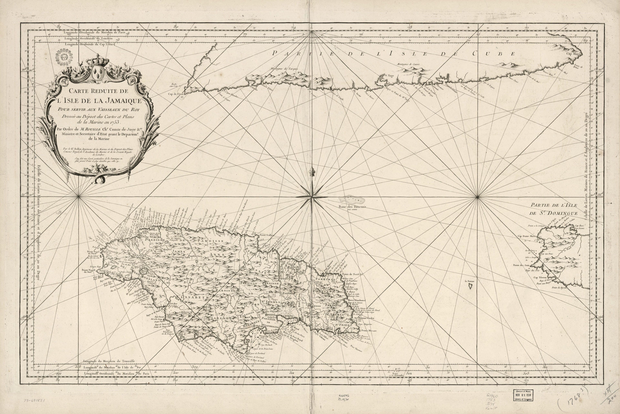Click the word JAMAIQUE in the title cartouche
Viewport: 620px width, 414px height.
pos(124,101)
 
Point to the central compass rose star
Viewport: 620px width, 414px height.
pos(312,197)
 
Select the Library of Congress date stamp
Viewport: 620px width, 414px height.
pos(523,395)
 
